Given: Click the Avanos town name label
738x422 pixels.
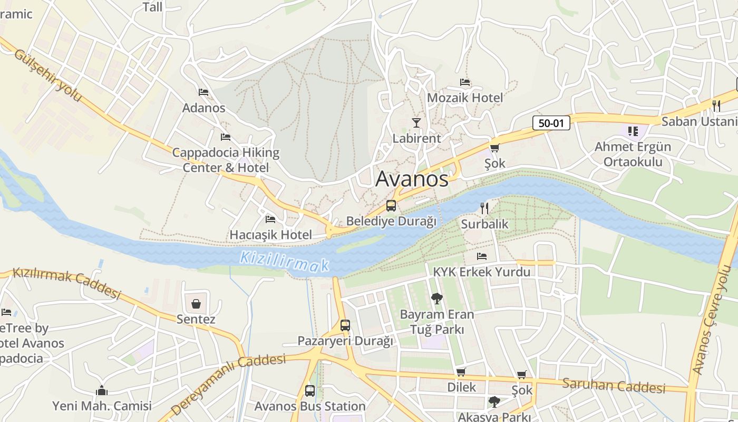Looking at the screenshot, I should click(x=412, y=179).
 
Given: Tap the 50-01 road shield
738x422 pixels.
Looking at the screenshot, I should click(x=551, y=123).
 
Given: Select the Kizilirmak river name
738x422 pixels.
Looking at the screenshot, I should click(x=284, y=262).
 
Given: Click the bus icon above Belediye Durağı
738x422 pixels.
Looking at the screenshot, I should click(x=391, y=206).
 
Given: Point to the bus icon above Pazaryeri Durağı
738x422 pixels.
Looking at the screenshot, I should click(x=345, y=325).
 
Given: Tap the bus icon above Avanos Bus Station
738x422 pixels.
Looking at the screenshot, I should click(x=310, y=391).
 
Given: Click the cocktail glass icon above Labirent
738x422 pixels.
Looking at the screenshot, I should click(x=416, y=123).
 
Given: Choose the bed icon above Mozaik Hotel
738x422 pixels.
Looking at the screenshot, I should click(x=465, y=82).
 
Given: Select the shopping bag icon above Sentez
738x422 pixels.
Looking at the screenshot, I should click(x=196, y=304).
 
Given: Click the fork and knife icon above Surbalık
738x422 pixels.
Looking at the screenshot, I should click(x=484, y=208).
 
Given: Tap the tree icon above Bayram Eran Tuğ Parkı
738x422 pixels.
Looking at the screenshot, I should click(x=437, y=299).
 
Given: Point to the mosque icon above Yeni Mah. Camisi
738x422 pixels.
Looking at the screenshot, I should click(x=102, y=391).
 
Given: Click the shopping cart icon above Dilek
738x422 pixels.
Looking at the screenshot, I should click(x=461, y=372).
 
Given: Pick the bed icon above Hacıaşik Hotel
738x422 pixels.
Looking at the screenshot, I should click(x=270, y=219).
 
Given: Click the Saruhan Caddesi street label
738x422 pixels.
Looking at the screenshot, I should click(x=614, y=386).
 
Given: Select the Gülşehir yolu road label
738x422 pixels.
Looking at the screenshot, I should click(x=48, y=75).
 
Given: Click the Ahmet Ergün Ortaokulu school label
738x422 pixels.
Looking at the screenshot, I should click(x=633, y=154).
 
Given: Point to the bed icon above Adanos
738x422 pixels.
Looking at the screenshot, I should click(x=203, y=92).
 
